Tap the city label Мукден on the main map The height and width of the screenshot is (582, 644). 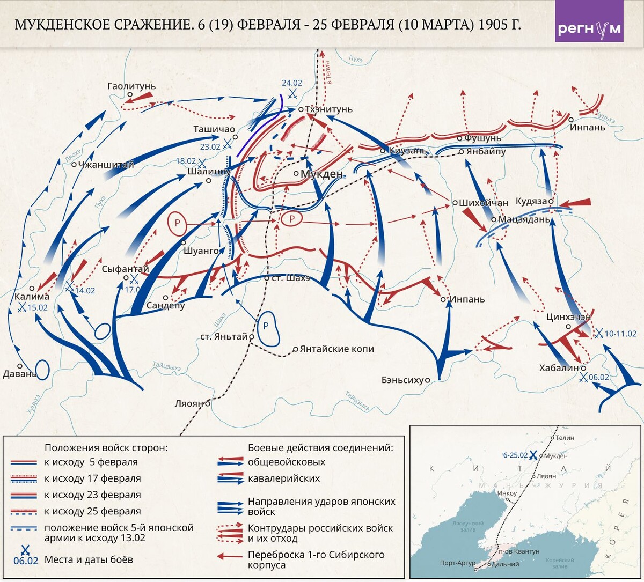click(x=321, y=174)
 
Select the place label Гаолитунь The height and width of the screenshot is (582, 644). click(x=131, y=86)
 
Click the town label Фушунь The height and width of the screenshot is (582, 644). click(x=482, y=138)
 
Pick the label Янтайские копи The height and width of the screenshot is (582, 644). click(x=337, y=349)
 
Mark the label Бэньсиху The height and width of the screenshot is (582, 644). click(x=402, y=380)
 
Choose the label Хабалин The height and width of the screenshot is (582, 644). click(x=559, y=368)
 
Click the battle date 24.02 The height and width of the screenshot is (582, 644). click(x=292, y=83)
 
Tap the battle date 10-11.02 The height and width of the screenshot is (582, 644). click(x=620, y=334)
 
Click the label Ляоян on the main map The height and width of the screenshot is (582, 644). click(x=189, y=403)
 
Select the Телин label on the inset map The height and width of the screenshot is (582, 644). click(x=565, y=438)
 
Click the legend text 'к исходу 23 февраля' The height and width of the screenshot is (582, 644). click(x=92, y=495)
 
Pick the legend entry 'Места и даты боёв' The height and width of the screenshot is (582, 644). click(x=89, y=559)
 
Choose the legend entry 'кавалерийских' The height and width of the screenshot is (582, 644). click(x=283, y=478)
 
